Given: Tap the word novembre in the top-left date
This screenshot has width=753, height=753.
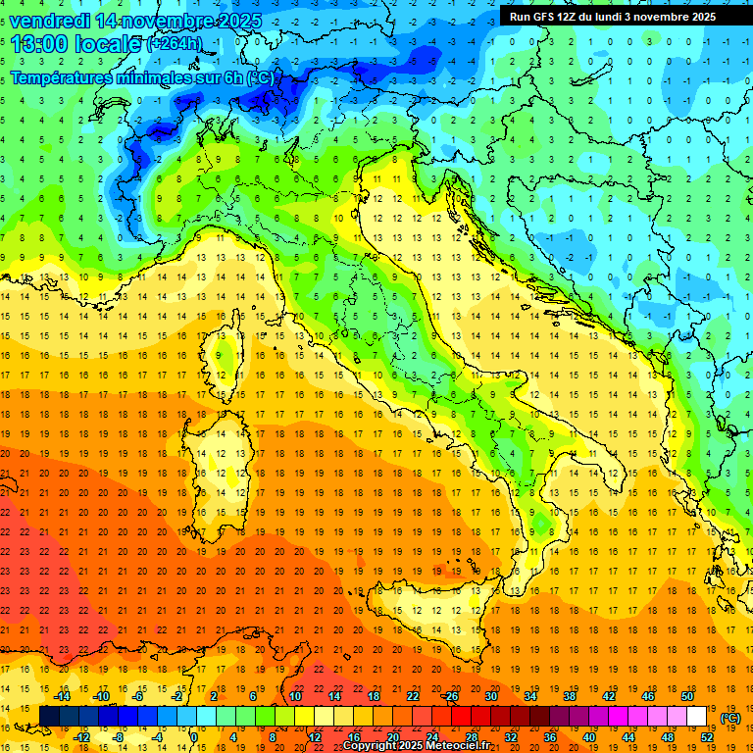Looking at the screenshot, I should pyautogui.click(x=172, y=20).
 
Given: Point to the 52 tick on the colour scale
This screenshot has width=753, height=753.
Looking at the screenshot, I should pyautogui.click(x=706, y=736).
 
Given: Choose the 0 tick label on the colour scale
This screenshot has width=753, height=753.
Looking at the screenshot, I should pyautogui.click(x=195, y=736).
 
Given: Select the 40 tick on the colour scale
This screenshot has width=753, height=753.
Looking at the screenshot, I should pyautogui.click(x=589, y=736).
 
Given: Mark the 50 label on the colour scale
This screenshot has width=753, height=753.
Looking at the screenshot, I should pyautogui.click(x=687, y=696).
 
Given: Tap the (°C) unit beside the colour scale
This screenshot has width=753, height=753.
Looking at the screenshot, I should pyautogui.click(x=730, y=718).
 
